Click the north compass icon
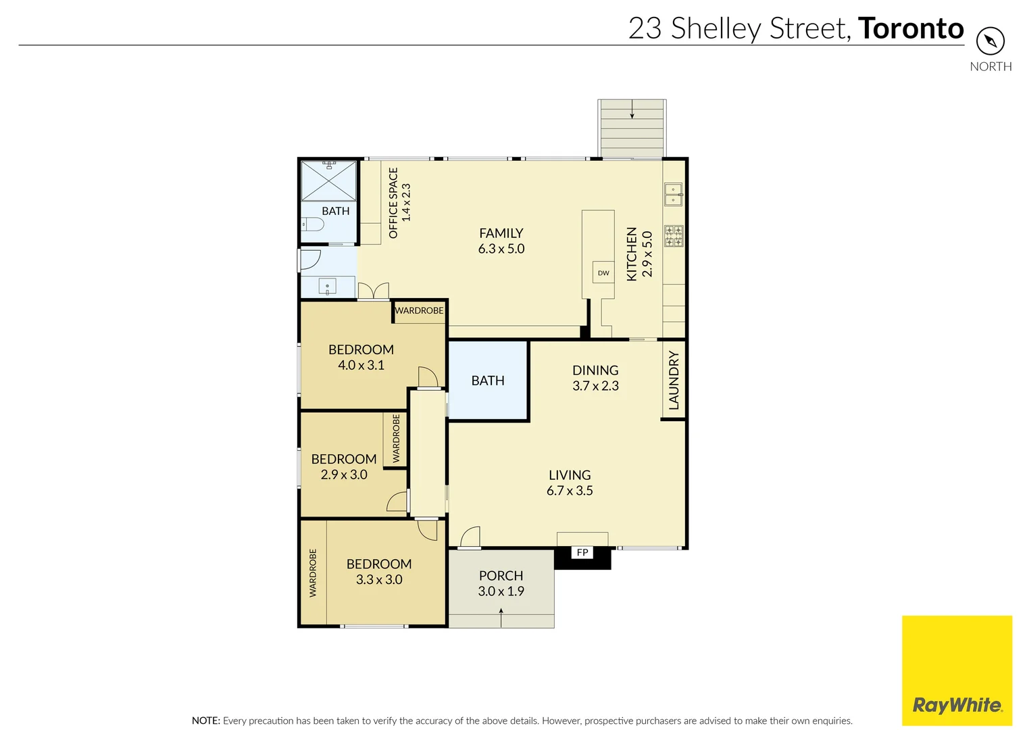coord(990,41)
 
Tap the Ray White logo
coord(957,705)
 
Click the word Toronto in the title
coord(911,28)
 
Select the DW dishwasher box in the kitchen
coord(603,273)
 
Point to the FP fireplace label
coord(582,553)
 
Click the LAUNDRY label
coord(674,380)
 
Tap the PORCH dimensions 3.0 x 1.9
coord(501,591)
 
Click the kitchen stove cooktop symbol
coord(674,236)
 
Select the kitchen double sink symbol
coord(673,195)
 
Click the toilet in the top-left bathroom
coord(313,224)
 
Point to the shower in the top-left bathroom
coord(328,180)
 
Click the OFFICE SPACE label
coord(393,203)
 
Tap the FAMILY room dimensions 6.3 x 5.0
coord(501,249)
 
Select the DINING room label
coord(595,370)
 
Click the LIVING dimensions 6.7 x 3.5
coord(570,491)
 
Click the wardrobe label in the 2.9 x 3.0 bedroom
coord(396,439)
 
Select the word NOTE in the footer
coord(205,721)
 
